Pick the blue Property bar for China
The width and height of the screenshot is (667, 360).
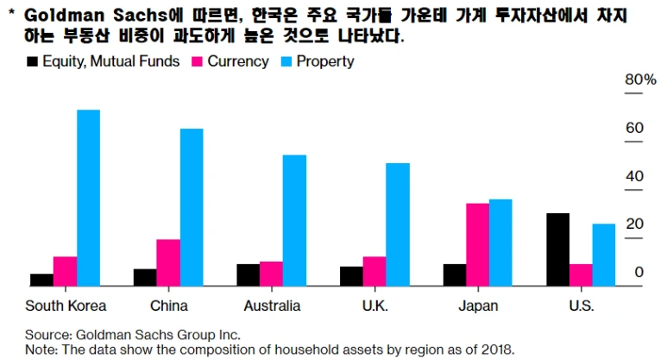pos(192,207)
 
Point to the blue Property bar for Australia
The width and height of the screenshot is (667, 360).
pos(294,220)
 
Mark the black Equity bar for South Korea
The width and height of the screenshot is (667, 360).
pos(41,279)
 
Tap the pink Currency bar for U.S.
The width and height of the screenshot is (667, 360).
pos(581,275)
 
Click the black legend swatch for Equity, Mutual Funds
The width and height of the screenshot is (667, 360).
pos(34,62)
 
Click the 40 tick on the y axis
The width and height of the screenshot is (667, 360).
pos(634,176)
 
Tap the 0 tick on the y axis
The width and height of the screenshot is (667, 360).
pos(639,273)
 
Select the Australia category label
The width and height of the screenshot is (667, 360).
pos(272,306)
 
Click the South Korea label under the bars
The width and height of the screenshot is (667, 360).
pos(66,306)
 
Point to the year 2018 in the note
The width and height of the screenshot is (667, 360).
pos(496,350)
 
